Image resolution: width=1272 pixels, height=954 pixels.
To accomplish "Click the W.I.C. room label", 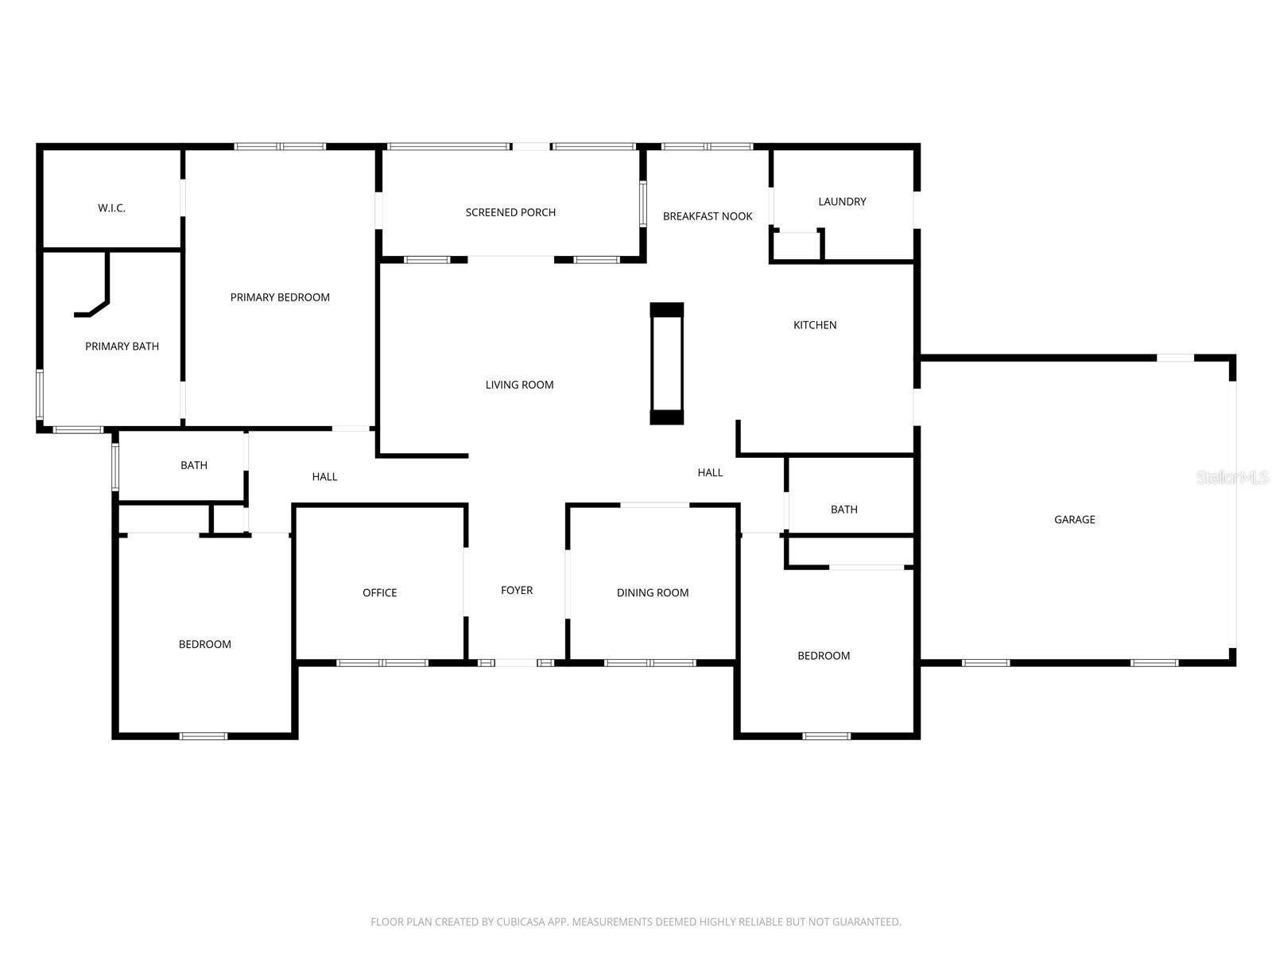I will click(111, 208).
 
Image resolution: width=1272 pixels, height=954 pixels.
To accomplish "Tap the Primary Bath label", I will click(122, 347).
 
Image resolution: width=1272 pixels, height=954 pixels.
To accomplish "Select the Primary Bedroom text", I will click(280, 297).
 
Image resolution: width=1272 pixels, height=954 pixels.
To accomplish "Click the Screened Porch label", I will click(510, 212).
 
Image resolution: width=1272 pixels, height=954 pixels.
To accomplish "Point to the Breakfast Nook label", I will click(708, 216).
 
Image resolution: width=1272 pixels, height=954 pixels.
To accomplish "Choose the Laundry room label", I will click(842, 202).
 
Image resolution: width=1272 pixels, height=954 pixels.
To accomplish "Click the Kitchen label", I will click(815, 325).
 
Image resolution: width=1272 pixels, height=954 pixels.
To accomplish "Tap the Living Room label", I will click(519, 385).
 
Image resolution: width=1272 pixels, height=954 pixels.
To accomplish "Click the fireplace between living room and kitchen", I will click(666, 363).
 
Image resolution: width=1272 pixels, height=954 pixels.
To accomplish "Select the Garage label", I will click(1074, 520).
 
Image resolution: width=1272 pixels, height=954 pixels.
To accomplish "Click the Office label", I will click(379, 593).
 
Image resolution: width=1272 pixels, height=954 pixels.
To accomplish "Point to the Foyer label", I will click(517, 590).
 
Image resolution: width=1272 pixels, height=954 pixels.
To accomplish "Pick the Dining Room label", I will click(653, 593).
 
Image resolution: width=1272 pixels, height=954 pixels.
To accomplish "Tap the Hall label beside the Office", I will click(324, 477).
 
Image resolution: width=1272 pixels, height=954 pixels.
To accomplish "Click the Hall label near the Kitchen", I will click(710, 473).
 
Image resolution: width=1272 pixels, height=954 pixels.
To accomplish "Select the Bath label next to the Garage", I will click(843, 510).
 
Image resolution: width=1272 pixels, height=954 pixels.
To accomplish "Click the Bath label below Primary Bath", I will click(193, 466).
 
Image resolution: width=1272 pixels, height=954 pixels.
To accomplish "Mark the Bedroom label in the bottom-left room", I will click(204, 645).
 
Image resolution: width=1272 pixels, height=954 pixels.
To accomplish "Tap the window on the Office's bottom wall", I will click(382, 662).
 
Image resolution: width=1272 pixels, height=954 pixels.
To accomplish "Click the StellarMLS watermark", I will click(1232, 477).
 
